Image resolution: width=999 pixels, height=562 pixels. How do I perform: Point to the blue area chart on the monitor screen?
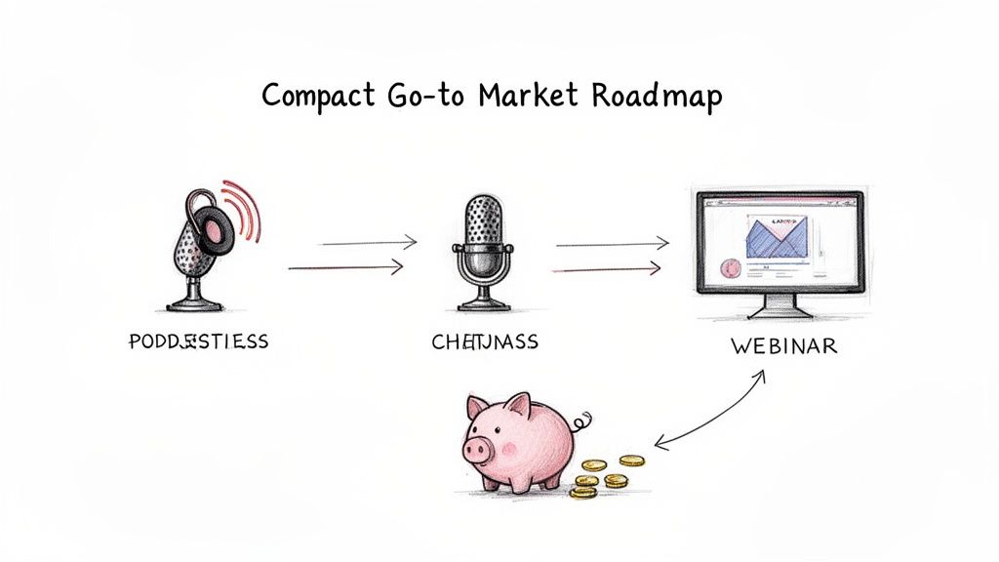click(777, 236)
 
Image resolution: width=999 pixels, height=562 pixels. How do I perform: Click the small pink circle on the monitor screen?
click(726, 266)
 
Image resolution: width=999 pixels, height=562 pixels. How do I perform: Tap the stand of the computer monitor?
click(778, 306)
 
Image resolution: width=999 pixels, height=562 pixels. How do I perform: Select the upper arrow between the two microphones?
click(369, 243)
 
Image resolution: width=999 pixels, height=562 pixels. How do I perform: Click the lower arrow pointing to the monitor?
click(611, 267)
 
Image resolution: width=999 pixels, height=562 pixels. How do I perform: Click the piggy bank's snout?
click(476, 449)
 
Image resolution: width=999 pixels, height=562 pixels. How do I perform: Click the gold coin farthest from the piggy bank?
click(631, 461)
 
